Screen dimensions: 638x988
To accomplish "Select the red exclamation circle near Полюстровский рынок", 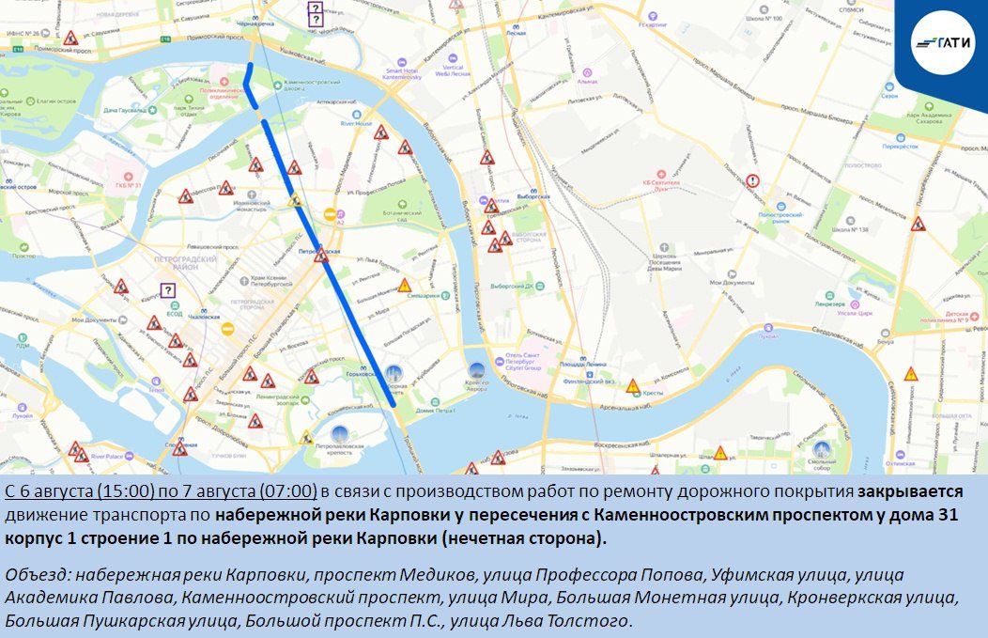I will point(752,181).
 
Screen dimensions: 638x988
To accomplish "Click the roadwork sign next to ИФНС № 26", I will point(71,39).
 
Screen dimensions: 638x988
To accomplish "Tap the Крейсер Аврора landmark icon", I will point(476,371).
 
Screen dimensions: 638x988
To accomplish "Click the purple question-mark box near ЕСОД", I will point(167,290).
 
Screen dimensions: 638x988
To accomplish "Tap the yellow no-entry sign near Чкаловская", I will point(226,329).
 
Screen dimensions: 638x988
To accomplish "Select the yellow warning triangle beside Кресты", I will point(634,385).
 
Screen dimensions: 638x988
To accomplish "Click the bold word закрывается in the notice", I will point(910,491).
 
